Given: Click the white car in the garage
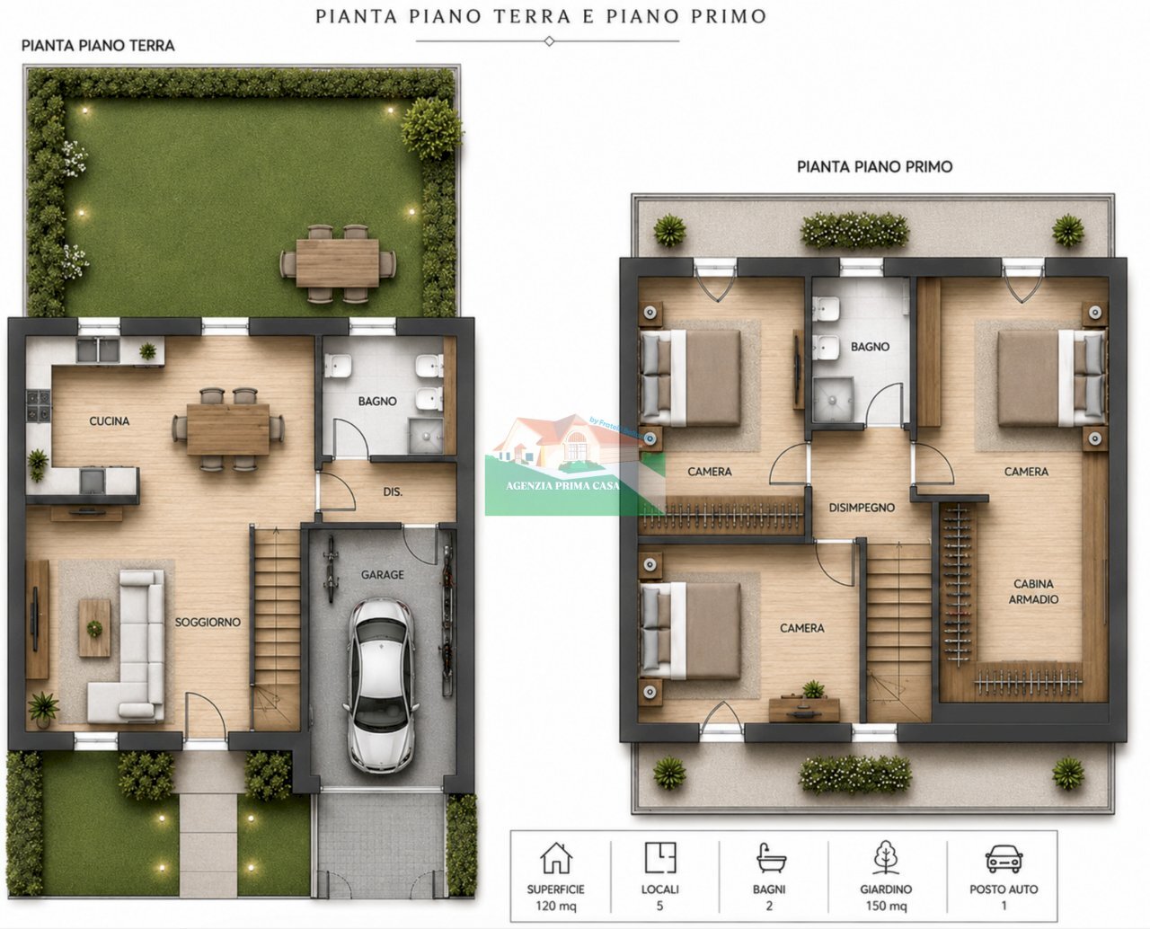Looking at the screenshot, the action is (x=382, y=686).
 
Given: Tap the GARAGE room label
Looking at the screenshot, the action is (x=382, y=575).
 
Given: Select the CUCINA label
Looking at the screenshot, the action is (x=109, y=421).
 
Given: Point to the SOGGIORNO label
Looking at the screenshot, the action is (x=208, y=623).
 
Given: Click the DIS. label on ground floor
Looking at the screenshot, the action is (x=393, y=491).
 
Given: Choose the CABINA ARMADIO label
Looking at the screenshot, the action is (x=1033, y=591).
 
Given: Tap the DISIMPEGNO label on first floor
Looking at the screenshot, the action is (x=862, y=508).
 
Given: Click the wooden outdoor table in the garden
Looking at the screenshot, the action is (x=338, y=263).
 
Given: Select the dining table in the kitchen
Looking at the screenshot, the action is (x=228, y=429).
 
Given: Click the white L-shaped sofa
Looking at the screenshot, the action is (x=129, y=647).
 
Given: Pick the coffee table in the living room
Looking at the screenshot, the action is (x=94, y=628).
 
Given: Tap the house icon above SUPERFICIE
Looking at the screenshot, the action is (x=556, y=858).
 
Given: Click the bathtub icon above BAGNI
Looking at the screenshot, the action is (x=770, y=858).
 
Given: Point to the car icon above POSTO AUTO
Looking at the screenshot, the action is (x=1004, y=859).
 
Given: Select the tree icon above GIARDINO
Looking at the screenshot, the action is (x=886, y=857).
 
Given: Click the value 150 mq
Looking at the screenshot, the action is (x=887, y=906).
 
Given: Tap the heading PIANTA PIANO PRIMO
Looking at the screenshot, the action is (x=875, y=167).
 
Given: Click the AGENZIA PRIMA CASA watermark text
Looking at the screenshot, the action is (x=562, y=486).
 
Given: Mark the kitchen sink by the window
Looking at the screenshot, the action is (x=97, y=350).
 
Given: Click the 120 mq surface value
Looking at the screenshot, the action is (x=556, y=906).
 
